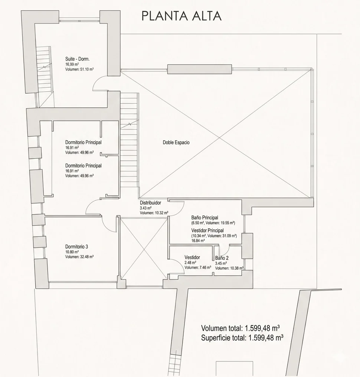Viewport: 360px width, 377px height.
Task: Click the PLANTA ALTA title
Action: tap(181, 16)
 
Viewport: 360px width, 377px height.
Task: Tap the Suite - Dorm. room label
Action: tap(78, 59)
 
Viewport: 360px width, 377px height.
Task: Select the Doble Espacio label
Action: tap(176, 142)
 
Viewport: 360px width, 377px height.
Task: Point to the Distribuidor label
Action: tap(150, 203)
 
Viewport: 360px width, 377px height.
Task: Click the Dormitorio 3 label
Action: tap(76, 247)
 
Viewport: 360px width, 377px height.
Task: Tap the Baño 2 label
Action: tap(222, 258)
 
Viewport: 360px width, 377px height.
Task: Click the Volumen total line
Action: tap(240, 328)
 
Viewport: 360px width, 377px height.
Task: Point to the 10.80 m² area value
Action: tap(72, 252)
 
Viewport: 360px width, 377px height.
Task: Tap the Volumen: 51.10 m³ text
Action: tap(79, 69)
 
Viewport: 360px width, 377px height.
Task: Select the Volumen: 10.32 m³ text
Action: tap(154, 213)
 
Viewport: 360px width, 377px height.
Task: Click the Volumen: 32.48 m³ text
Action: tap(79, 257)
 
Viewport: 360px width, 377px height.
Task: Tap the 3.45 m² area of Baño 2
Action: tap(221, 263)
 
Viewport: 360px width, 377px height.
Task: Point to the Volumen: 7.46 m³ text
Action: tap(197, 267)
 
